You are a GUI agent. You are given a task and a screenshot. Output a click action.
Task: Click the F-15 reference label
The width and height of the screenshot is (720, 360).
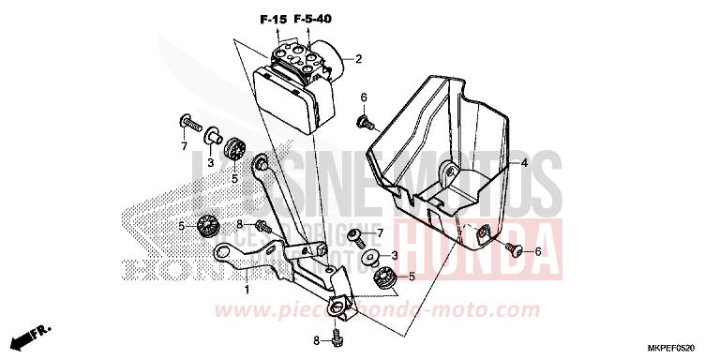(x=272, y=20)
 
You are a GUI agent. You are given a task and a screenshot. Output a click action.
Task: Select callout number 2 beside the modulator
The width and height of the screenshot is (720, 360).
(x=357, y=60)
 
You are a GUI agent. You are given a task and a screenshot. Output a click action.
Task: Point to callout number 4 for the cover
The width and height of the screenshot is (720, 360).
(x=524, y=163)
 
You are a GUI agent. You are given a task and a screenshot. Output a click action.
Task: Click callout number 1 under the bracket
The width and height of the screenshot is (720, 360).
(x=247, y=291)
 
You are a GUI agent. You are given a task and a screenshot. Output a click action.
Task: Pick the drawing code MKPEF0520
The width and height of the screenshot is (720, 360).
(x=682, y=346)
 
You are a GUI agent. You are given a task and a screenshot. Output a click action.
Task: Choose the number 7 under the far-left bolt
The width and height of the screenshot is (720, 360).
(x=185, y=147)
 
